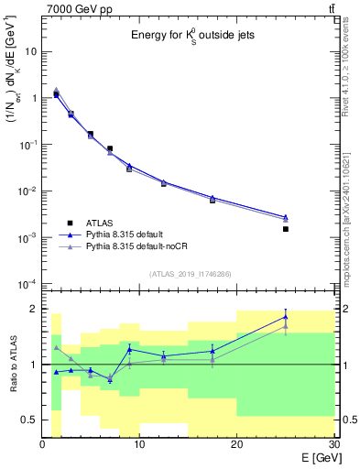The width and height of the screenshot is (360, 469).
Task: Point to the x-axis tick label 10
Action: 139,445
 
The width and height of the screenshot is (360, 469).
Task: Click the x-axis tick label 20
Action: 237,445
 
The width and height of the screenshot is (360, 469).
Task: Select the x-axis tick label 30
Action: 333,445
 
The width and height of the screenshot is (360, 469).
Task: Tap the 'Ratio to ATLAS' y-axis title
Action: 12,365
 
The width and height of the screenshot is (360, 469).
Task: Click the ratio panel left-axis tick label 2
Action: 34,309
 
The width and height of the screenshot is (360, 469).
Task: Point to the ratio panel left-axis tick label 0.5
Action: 29,420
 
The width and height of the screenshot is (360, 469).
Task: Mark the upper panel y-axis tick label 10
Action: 30,51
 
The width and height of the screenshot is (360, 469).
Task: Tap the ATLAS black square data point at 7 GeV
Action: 110,148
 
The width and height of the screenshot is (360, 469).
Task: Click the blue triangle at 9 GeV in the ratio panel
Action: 129,349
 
